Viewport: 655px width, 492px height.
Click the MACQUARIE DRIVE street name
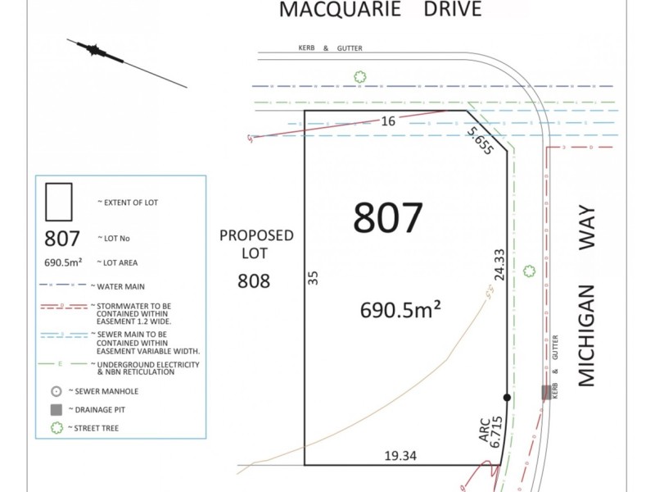(x=380, y=10)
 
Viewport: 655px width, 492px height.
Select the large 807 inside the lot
(x=388, y=218)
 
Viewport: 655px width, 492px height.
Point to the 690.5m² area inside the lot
(x=401, y=309)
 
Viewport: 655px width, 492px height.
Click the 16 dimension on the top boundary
(x=388, y=121)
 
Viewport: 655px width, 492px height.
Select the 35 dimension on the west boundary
(x=312, y=278)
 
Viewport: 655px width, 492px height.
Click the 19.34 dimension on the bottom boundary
(x=400, y=455)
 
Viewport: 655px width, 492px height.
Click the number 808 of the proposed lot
(x=254, y=280)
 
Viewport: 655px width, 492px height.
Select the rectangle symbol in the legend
(x=59, y=202)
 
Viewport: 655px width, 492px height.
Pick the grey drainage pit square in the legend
(x=56, y=409)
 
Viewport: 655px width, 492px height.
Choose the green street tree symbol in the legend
(x=56, y=428)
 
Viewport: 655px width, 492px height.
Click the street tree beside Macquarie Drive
(x=359, y=77)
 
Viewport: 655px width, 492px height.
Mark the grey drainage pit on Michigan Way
(x=546, y=393)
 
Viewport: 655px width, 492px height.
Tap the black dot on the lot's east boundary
(x=507, y=398)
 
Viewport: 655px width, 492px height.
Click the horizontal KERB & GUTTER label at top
(x=331, y=48)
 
